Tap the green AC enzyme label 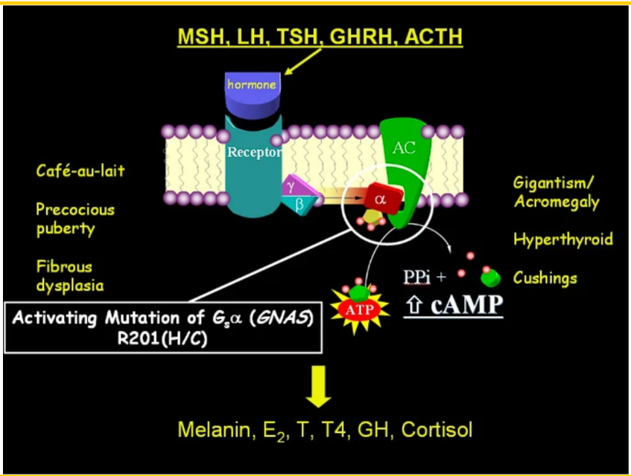coord(403,147)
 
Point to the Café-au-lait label coord(80,170)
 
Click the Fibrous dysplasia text coord(70,275)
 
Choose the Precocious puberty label coord(75,219)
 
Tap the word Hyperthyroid coord(562,239)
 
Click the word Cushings coord(545,278)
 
